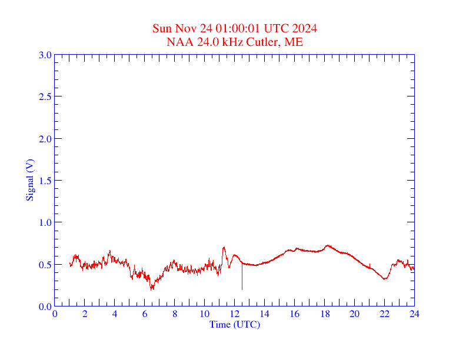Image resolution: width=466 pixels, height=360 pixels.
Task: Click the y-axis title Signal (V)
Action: click(29, 180)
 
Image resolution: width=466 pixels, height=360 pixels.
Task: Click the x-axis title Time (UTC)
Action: click(235, 324)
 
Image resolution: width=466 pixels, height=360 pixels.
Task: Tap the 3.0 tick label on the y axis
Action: click(45, 55)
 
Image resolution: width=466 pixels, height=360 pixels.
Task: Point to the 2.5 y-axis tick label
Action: click(45, 96)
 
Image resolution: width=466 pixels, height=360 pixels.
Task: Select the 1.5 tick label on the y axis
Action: click(45, 181)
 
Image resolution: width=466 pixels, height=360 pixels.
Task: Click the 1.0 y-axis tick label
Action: click(45, 222)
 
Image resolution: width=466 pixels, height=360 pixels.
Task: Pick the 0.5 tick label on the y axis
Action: click(45, 265)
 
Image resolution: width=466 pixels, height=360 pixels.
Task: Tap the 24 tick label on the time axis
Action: click(414, 314)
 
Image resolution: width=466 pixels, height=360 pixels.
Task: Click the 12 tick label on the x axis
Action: click(235, 314)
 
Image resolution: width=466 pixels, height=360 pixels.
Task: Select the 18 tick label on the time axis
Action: click(325, 314)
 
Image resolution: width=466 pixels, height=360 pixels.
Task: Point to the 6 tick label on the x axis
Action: click(145, 314)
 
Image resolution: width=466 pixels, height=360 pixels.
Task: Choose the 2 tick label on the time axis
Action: click(85, 314)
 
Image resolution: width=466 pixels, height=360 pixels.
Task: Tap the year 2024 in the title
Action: click(305, 29)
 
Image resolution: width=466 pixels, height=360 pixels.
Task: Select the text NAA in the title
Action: click(178, 42)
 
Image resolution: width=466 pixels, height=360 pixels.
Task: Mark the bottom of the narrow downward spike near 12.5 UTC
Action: click(242, 289)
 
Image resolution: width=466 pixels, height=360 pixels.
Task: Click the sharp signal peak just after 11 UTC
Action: click(224, 248)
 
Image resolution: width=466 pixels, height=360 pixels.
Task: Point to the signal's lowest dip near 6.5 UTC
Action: click(152, 289)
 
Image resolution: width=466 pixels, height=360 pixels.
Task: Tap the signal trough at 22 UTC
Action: click(384, 279)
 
